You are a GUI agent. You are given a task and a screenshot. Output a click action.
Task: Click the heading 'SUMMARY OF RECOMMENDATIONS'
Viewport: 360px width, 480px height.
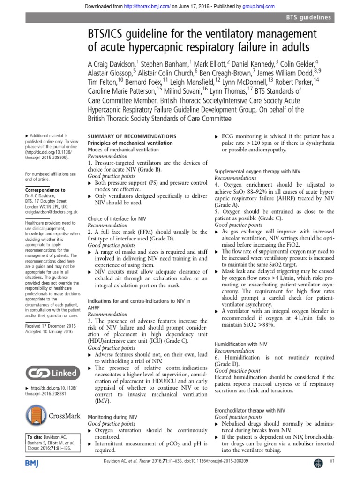pos(132,136)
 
